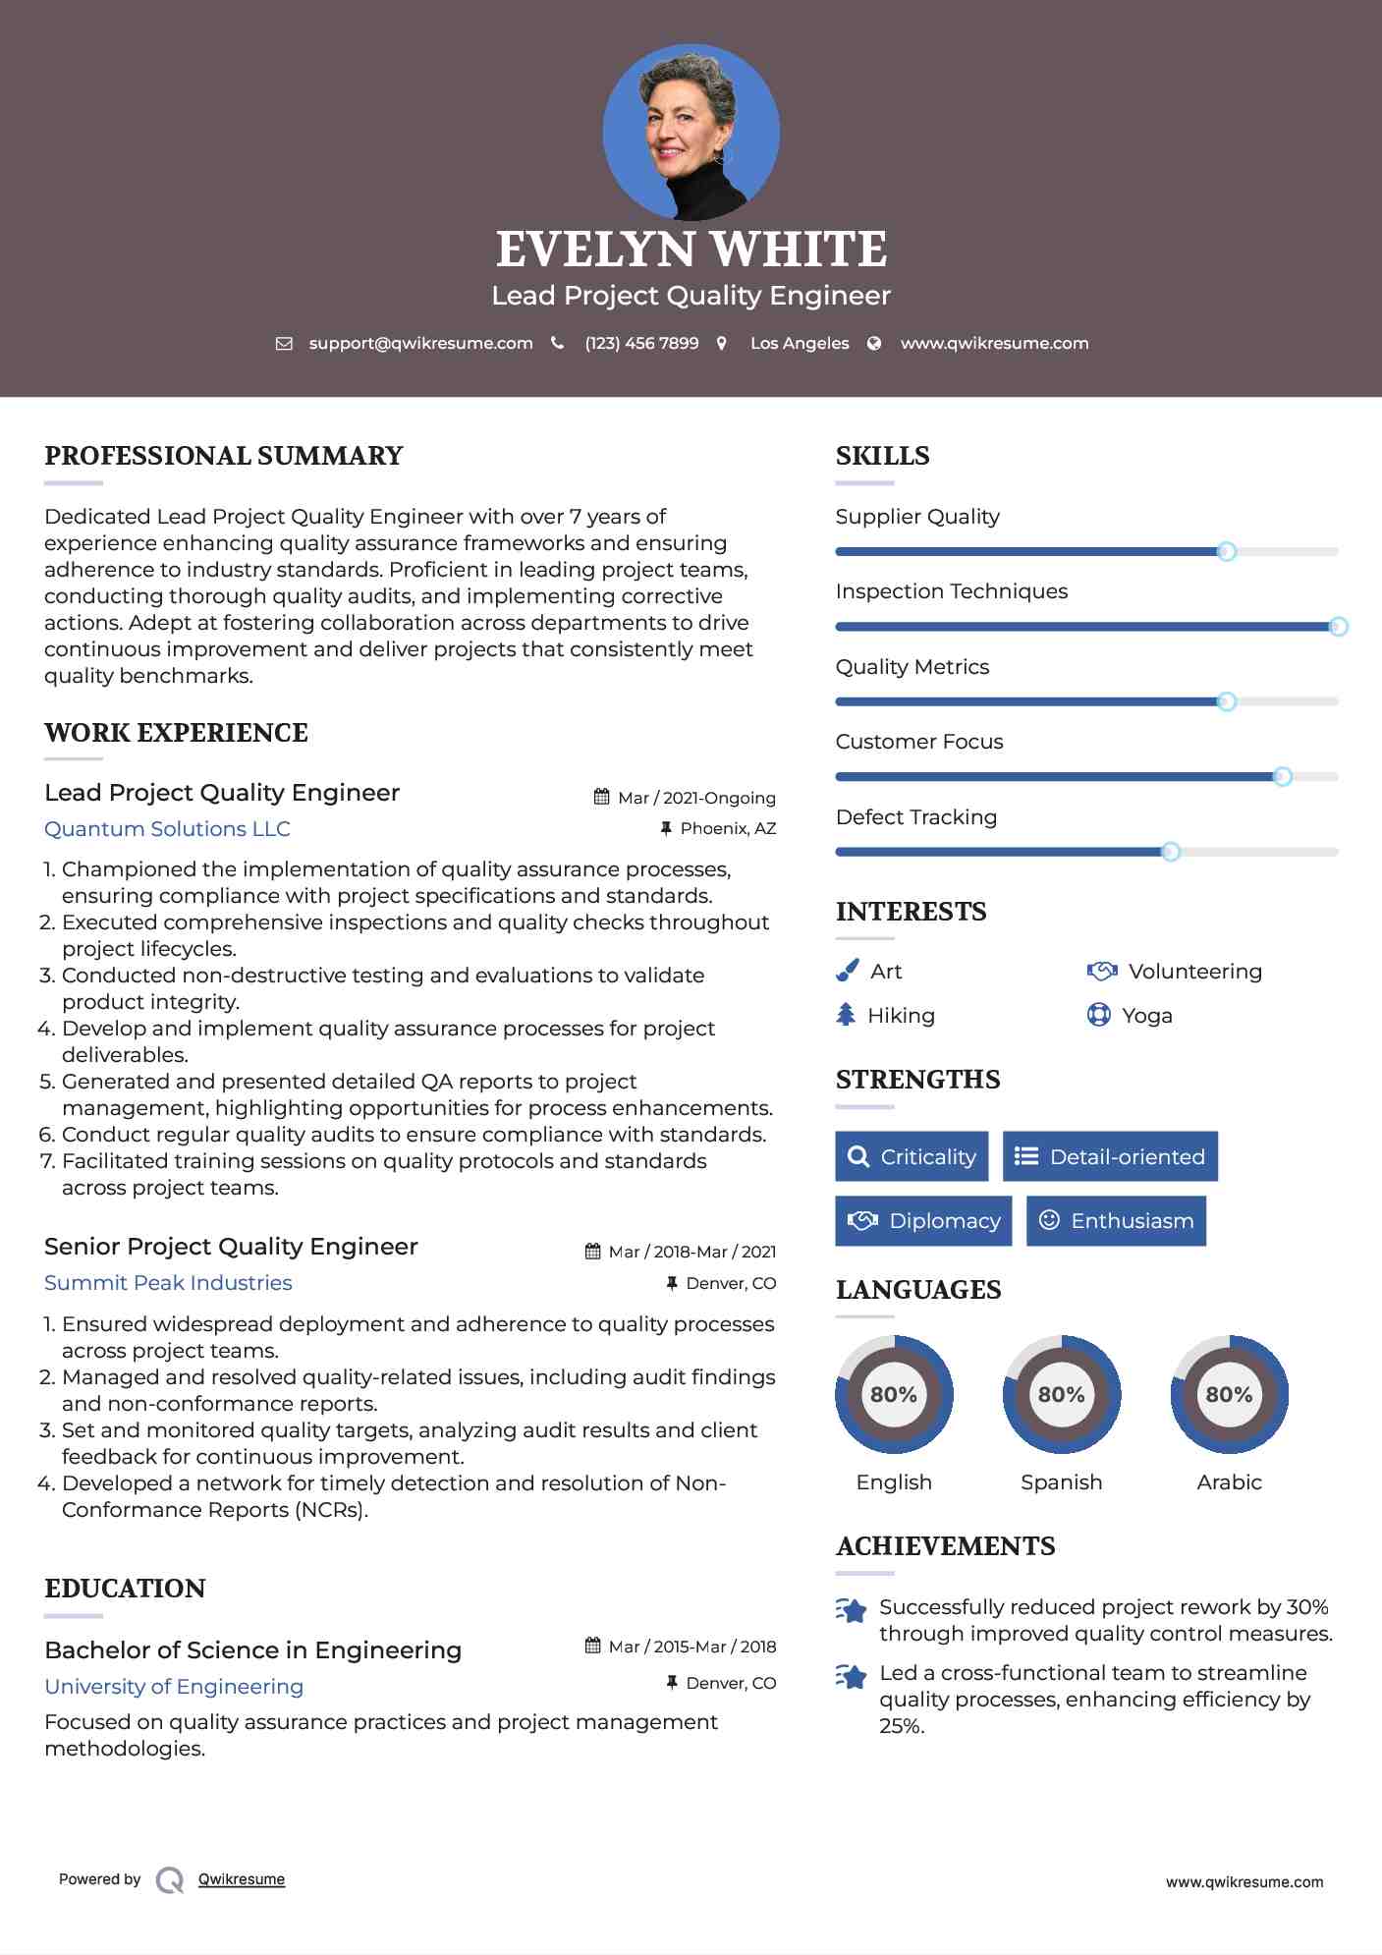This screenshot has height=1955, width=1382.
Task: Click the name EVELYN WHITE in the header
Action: [691, 250]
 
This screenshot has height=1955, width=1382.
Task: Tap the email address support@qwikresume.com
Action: [420, 343]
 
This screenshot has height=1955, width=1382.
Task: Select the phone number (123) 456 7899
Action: [641, 343]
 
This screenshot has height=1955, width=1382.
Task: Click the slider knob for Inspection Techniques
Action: [1338, 627]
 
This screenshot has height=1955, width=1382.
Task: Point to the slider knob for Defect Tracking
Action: [1171, 852]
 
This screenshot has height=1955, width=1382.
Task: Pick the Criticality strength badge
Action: [912, 1156]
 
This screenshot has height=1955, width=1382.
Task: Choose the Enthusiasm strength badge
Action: [1116, 1220]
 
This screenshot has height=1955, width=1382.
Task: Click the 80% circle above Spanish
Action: [1061, 1394]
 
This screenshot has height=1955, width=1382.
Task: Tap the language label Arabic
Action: [1229, 1481]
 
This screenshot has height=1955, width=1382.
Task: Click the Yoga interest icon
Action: [1098, 1014]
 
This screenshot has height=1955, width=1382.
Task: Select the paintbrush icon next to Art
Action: [847, 971]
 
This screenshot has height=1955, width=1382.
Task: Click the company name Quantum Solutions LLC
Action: [167, 828]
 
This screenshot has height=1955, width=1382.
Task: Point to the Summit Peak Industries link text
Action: [168, 1282]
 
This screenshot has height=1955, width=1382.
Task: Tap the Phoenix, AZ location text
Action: [728, 828]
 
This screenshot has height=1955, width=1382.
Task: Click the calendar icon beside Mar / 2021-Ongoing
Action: [602, 797]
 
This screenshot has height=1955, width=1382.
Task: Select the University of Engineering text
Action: [174, 1686]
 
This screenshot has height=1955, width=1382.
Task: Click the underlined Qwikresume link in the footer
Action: [242, 1878]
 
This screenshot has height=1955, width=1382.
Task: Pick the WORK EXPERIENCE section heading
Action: [176, 733]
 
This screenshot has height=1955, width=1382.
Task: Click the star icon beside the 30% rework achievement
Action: [852, 1610]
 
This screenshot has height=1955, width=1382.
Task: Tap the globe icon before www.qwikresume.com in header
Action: [874, 343]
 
